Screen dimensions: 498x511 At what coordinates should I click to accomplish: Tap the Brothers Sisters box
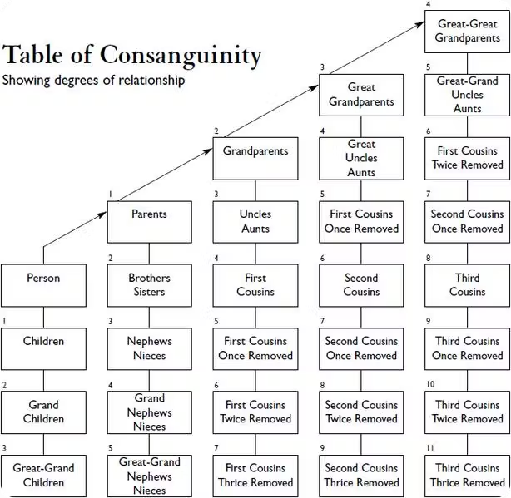click(149, 284)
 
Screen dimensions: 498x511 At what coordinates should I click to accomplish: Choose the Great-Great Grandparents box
click(467, 31)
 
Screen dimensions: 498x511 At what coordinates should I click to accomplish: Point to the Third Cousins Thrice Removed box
click(467, 475)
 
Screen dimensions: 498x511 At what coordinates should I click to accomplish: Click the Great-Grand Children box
click(42, 475)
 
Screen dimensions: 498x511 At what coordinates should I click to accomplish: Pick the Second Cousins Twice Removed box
click(361, 412)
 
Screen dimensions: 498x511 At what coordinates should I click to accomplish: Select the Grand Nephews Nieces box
click(149, 412)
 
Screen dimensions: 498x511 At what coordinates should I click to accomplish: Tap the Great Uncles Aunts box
click(361, 158)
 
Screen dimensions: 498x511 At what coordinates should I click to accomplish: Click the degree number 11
click(429, 448)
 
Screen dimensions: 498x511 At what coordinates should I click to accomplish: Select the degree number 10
click(430, 385)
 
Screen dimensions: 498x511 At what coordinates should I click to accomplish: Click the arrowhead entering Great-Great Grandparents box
click(420, 26)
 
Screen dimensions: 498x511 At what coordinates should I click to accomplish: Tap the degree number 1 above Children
click(4, 322)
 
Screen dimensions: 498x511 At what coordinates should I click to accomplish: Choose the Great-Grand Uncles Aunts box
click(467, 94)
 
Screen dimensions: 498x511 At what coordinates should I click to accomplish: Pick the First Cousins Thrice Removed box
click(255, 475)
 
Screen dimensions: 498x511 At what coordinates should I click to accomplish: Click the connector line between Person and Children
click(42, 317)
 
